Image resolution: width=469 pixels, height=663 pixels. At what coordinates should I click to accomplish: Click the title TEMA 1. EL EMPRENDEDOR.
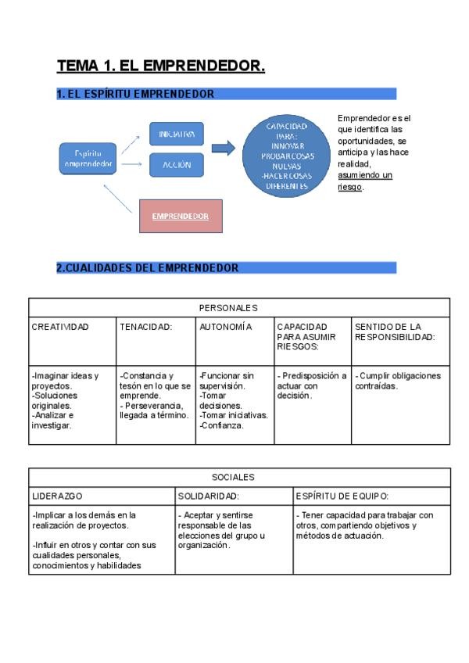coord(161,67)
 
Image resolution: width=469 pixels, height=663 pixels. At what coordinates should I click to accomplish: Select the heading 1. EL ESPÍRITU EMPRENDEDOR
coord(135,94)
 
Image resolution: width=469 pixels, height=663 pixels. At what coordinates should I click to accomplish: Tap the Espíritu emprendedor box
coord(89,159)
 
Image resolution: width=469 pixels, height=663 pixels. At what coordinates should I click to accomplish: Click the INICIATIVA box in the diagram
coord(176,134)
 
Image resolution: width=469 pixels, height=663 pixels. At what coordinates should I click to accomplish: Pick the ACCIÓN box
coord(176,166)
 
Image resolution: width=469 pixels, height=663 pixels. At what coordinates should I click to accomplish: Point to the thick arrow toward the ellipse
coord(224,149)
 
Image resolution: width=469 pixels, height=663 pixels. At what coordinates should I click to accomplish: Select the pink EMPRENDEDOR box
coord(180,216)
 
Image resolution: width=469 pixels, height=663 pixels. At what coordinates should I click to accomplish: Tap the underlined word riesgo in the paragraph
coord(350,188)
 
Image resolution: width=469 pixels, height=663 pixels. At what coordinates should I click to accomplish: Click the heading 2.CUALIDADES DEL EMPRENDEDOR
coord(148,268)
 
